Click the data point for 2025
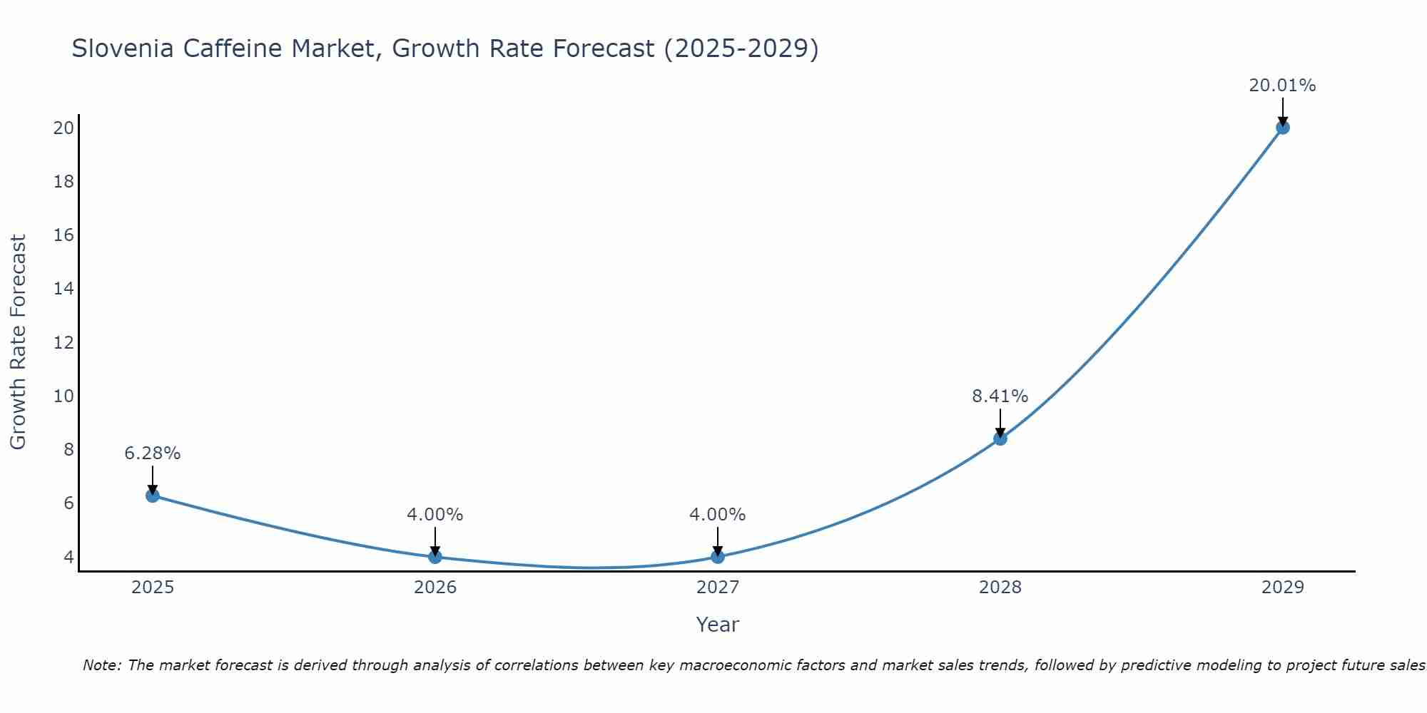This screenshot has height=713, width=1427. point(152,496)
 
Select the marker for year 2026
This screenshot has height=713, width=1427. point(435,557)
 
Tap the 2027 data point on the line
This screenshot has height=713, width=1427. point(718,557)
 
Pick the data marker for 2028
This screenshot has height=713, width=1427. point(1000,438)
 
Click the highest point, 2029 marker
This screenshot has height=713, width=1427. point(1282,128)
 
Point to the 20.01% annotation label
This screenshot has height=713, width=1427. point(1282,86)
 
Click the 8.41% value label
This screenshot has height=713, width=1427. point(1000,396)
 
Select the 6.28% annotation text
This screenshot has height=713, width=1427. point(153,453)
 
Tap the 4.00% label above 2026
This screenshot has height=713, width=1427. point(435,515)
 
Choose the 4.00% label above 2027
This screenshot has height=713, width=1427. point(718,515)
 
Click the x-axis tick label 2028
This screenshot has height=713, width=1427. point(1000,588)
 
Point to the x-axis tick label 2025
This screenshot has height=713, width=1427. point(153,588)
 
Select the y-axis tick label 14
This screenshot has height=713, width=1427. point(64,289)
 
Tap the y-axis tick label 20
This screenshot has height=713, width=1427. point(64,128)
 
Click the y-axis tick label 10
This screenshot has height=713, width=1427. point(64,396)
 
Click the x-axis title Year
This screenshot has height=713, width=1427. point(718,625)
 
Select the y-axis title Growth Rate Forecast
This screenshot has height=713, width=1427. point(19,342)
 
